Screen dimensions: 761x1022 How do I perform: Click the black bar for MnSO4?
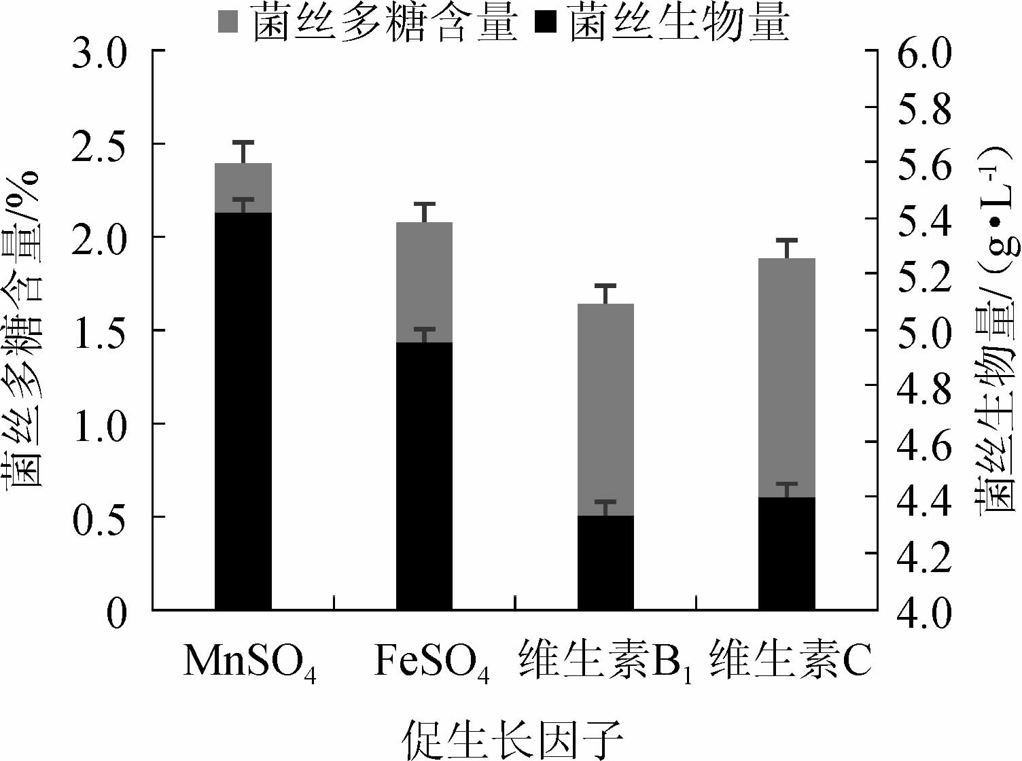243,411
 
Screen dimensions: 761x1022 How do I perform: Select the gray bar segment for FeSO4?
425,282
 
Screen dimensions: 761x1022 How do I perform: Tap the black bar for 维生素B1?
605,563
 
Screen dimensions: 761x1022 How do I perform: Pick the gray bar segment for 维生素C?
787,378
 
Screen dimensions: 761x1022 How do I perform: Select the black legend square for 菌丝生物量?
546,22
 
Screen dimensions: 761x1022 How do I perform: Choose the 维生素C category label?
790,659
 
